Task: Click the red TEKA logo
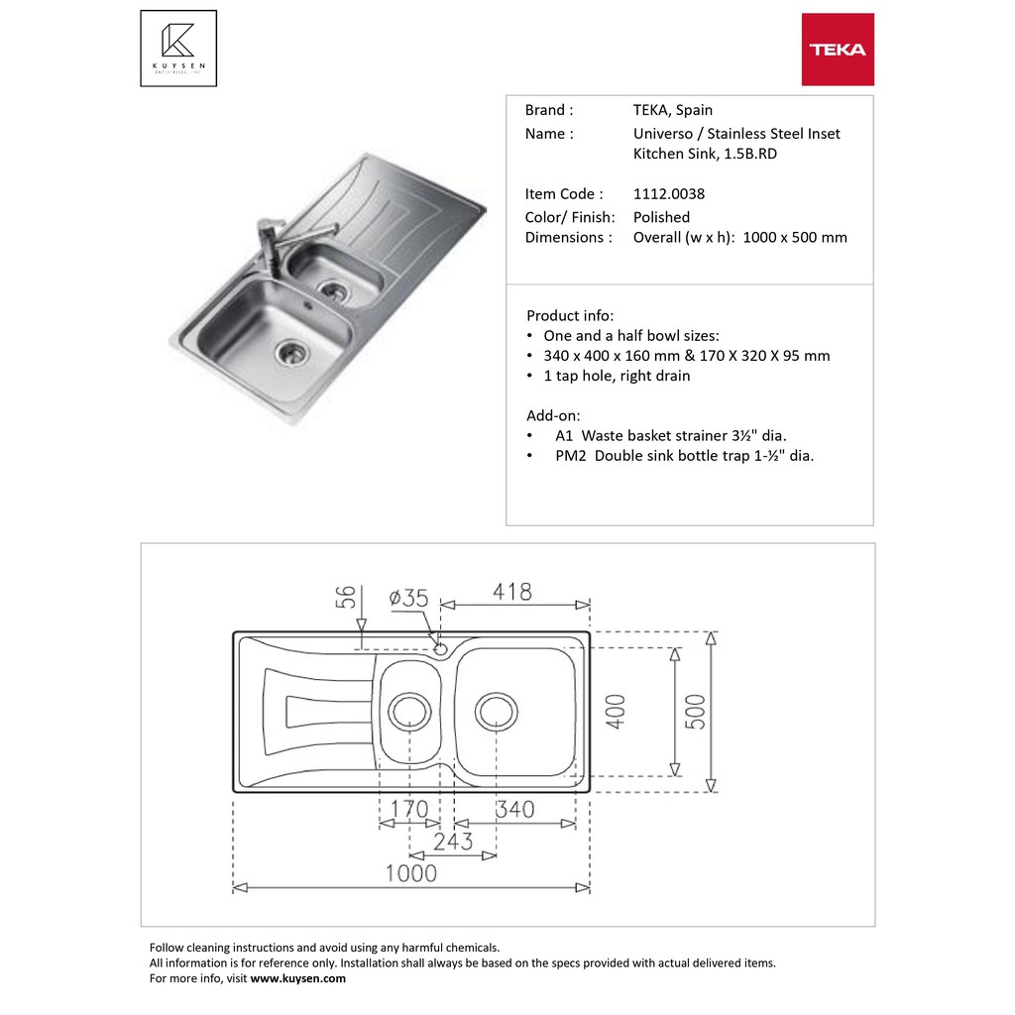tap(838, 50)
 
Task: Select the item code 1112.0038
tap(669, 194)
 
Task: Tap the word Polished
tap(661, 217)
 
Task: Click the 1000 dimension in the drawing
tap(410, 872)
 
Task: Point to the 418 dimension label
tap(511, 592)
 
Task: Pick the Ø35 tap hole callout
tap(408, 598)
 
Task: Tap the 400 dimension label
tap(616, 712)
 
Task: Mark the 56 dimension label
tap(346, 598)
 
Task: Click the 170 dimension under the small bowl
tap(408, 810)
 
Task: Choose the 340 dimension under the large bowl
tap(513, 810)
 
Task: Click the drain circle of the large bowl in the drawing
tap(497, 711)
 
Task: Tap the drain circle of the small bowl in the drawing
tap(408, 711)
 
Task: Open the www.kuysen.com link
tap(297, 978)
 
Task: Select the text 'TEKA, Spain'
tap(673, 110)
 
